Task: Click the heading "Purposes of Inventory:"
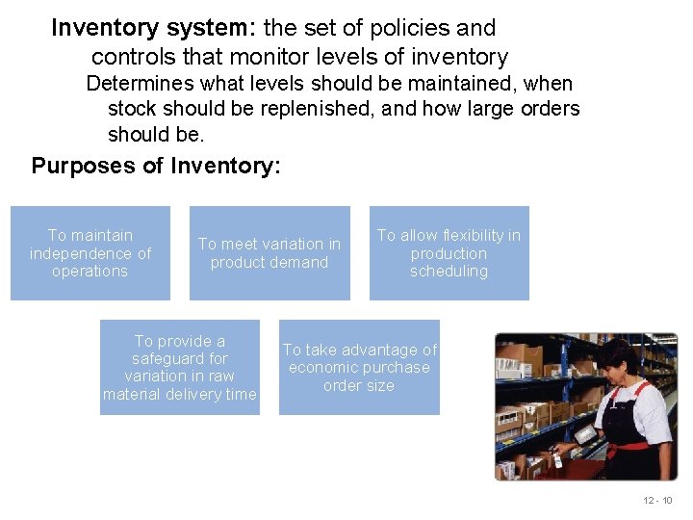[156, 166]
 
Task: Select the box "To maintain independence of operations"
[90, 253]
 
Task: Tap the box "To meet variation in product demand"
[269, 253]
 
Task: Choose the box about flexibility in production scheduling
[449, 253]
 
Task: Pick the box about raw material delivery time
[180, 367]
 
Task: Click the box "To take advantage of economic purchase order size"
[359, 367]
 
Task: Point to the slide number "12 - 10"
[659, 501]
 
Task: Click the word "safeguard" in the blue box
[180, 358]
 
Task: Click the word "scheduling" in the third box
[449, 272]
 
